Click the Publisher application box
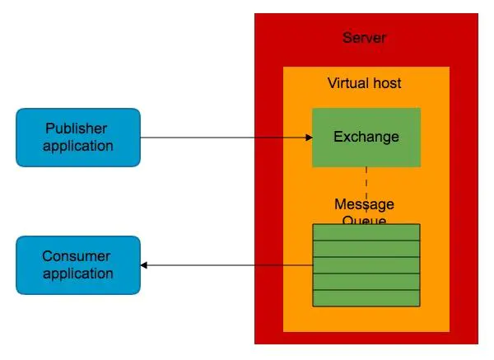pos(78,138)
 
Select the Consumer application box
pos(78,265)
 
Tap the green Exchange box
pos(366,138)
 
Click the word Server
pos(364,38)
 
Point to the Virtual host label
pos(365,83)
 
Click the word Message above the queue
pos(365,204)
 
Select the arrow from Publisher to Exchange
pos(222,138)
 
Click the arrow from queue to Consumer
pos(226,265)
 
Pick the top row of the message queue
pos(366,232)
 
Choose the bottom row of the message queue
pos(366,297)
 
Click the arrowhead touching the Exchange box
pos(308,138)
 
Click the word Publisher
pos(77,129)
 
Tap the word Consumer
pos(77,257)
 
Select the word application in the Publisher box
pos(78,146)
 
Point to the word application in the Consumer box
pos(78,274)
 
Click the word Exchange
pos(366,137)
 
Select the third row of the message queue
pos(366,265)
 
